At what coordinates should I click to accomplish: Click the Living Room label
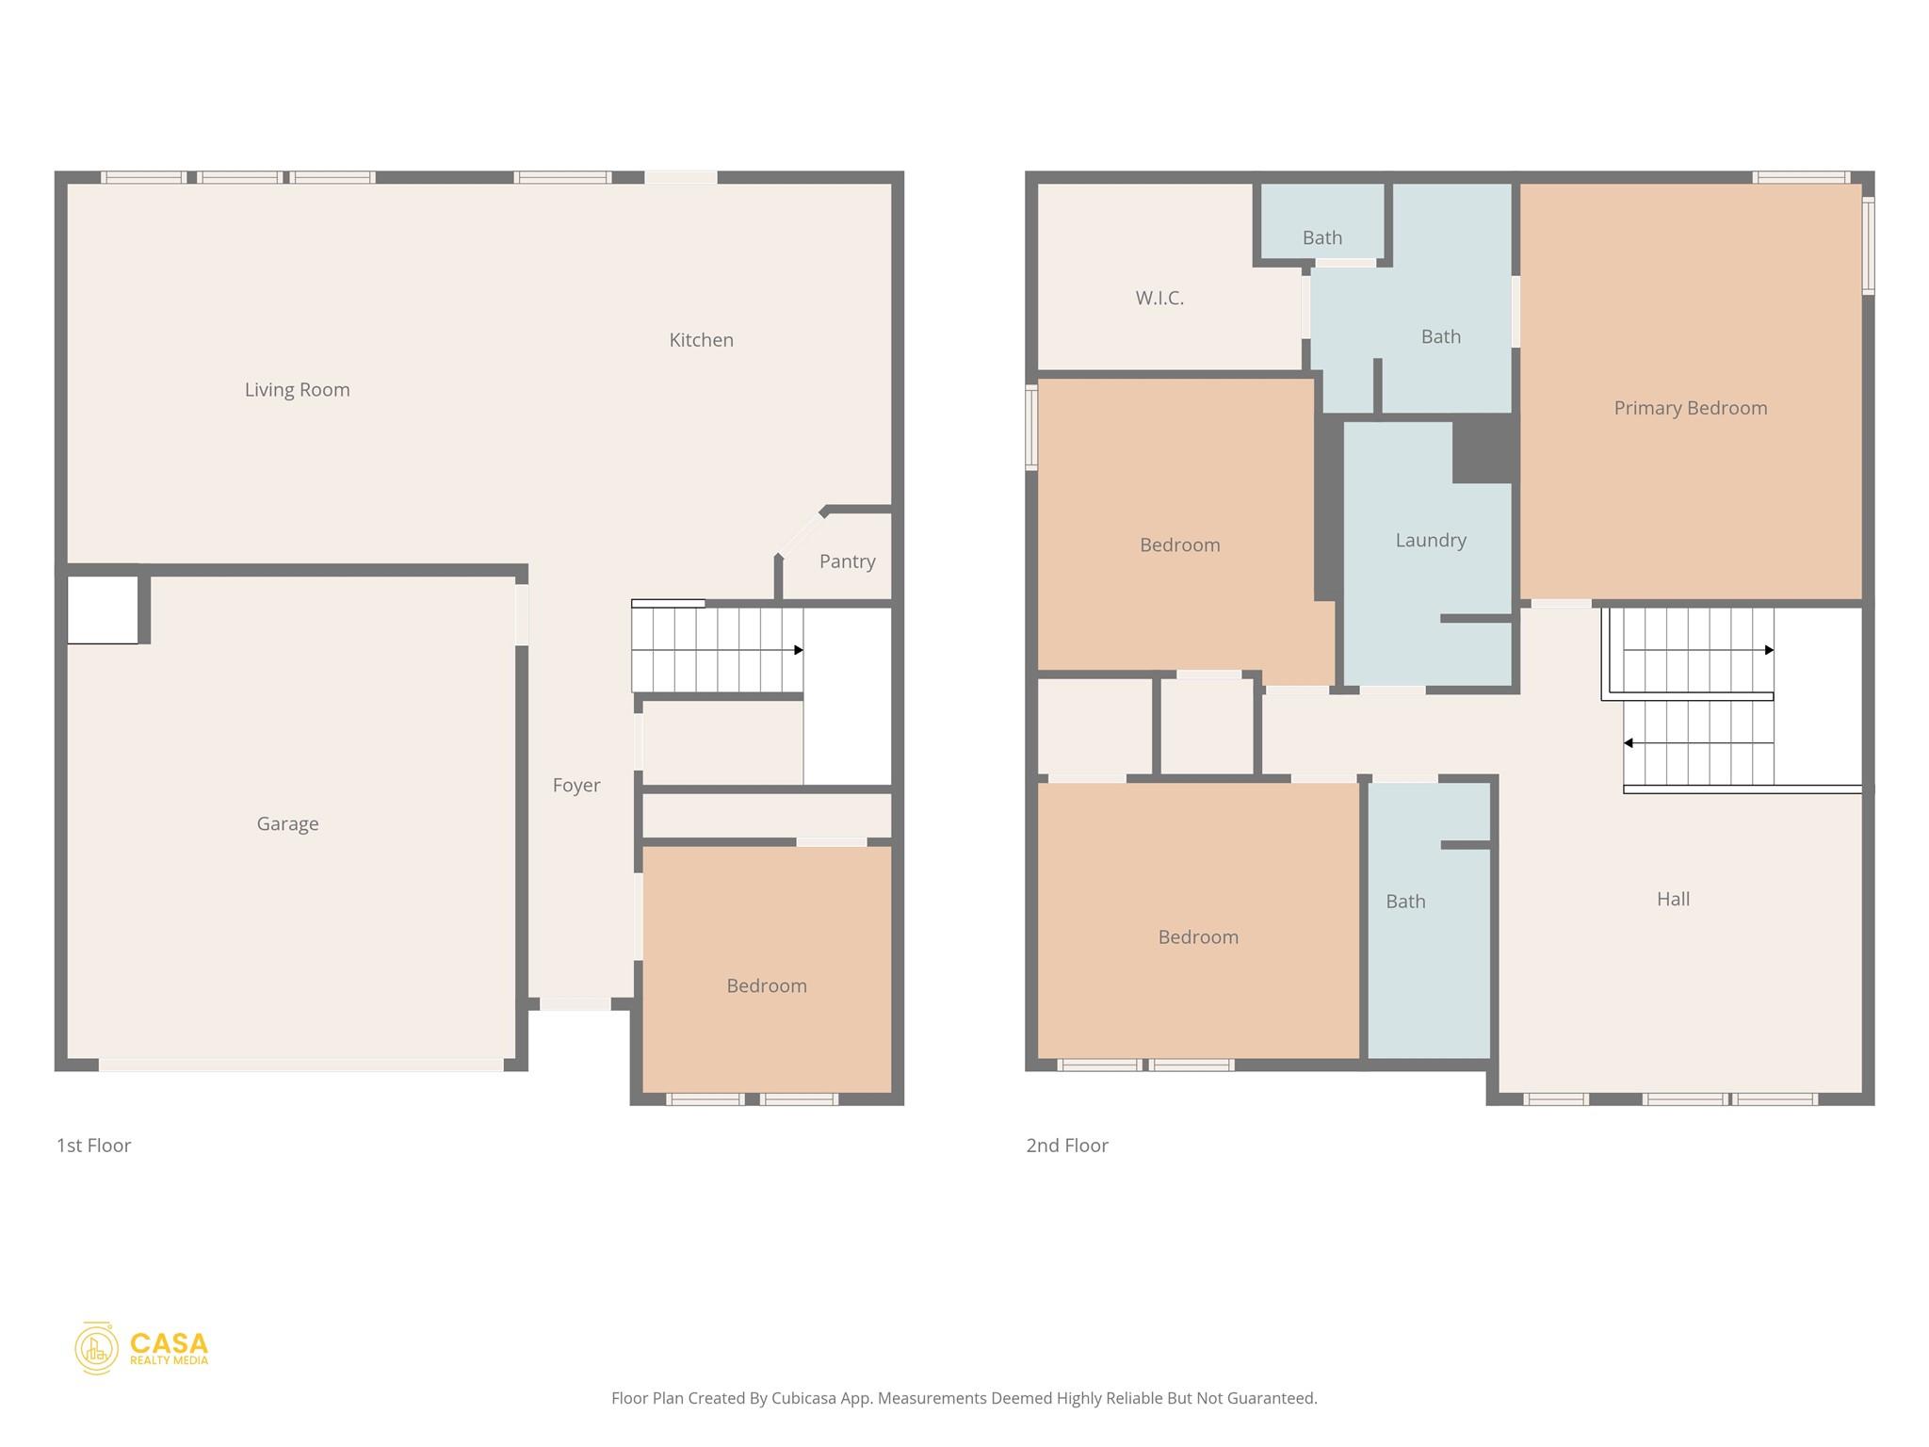(x=297, y=389)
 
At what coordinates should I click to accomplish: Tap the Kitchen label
(x=701, y=340)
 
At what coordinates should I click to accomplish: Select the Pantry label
(x=847, y=561)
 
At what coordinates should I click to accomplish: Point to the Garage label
(x=287, y=823)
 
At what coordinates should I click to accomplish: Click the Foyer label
(x=575, y=785)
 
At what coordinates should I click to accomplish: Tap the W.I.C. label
(x=1159, y=298)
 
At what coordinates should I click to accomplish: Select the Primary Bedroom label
(x=1690, y=408)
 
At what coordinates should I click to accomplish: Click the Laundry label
(x=1430, y=540)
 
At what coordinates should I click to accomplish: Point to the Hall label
(x=1673, y=899)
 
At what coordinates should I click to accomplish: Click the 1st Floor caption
(x=93, y=1146)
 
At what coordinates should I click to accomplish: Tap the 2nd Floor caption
(x=1066, y=1146)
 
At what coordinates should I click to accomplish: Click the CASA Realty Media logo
(x=142, y=1348)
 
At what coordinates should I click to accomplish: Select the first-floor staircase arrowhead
(x=799, y=650)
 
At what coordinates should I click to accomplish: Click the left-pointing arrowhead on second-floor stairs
(x=1628, y=743)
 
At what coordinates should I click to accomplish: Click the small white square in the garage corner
(x=102, y=610)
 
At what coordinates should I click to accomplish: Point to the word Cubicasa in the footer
(x=804, y=1398)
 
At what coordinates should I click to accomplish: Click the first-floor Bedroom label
(x=766, y=985)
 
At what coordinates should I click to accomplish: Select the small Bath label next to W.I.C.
(x=1321, y=237)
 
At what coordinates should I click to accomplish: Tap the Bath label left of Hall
(x=1404, y=902)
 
